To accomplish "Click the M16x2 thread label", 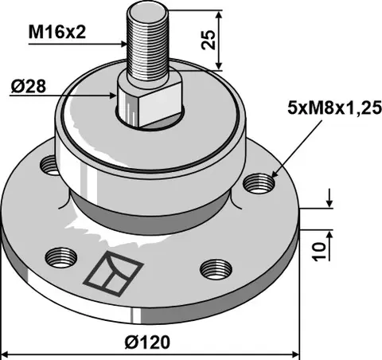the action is point(57,33).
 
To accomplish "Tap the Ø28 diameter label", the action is point(29,87).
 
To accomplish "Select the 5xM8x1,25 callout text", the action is point(335,108).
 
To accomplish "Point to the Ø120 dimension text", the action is point(147,342).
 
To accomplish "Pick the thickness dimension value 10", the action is point(319,252).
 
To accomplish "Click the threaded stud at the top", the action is point(147,42).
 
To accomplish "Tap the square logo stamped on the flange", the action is point(114,273).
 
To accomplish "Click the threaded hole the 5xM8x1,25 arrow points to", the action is point(259,183).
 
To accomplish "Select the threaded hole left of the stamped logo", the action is point(61,257).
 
